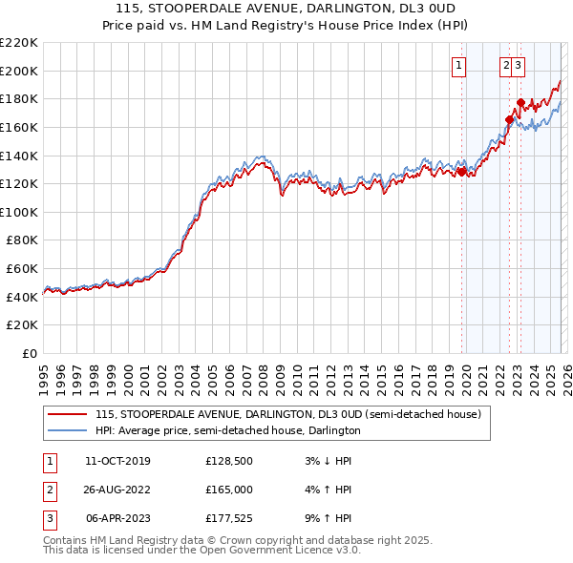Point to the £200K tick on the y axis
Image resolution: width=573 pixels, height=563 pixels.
(x=19, y=71)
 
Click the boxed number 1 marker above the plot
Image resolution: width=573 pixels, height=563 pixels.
(x=459, y=66)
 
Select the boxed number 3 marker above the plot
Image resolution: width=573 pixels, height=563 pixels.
(x=518, y=66)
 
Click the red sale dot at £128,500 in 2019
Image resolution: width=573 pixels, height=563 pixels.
(x=462, y=172)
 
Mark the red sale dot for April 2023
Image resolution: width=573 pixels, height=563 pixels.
(x=520, y=102)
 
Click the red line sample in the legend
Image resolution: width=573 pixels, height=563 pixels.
(x=68, y=415)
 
